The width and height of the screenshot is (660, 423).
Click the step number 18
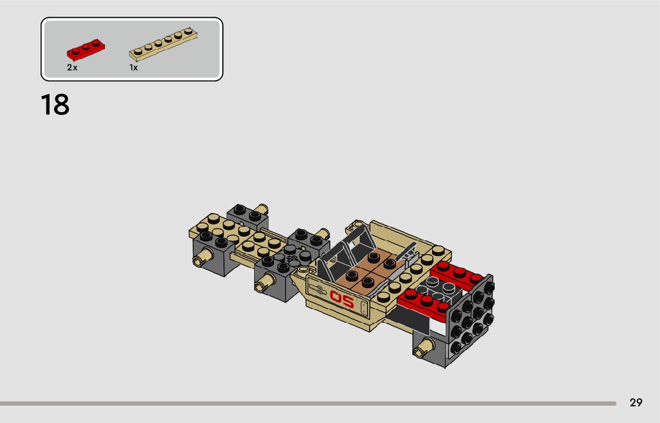pyautogui.click(x=55, y=105)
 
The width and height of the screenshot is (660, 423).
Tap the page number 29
pyautogui.click(x=636, y=403)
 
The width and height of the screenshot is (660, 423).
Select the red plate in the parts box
pyautogui.click(x=86, y=50)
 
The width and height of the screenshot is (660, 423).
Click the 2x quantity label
pyautogui.click(x=72, y=67)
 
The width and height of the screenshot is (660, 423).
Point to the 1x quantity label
pyautogui.click(x=134, y=67)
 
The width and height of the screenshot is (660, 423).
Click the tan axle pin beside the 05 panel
pyautogui.click(x=265, y=282)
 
